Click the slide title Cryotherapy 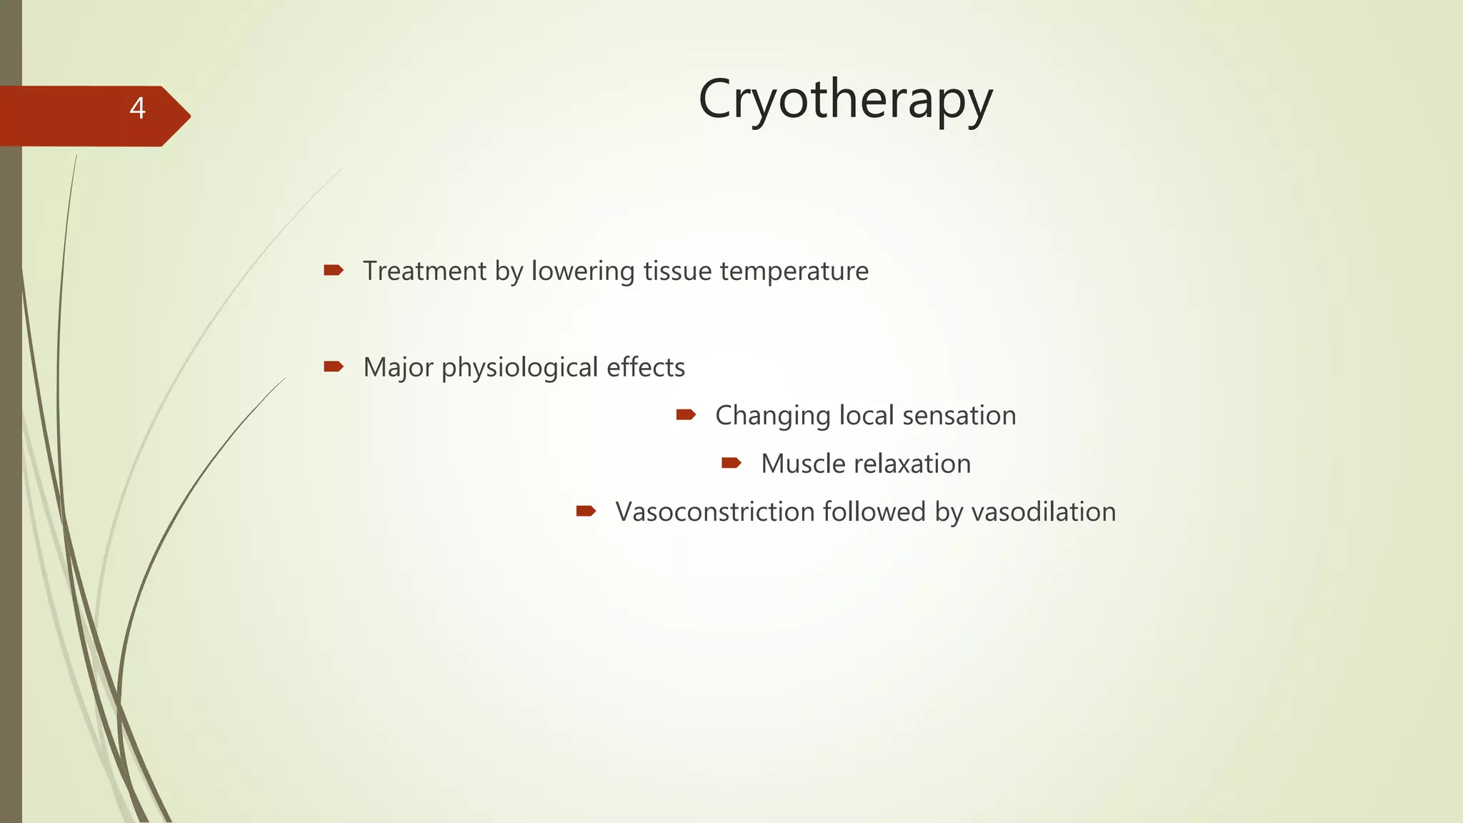point(845,100)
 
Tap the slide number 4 point(137,109)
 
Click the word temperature point(794,272)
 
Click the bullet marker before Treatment point(333,270)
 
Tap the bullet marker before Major point(333,366)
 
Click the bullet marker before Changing point(686,414)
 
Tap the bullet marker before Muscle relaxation point(731,463)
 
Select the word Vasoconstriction point(715,512)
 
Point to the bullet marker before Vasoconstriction point(586,511)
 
